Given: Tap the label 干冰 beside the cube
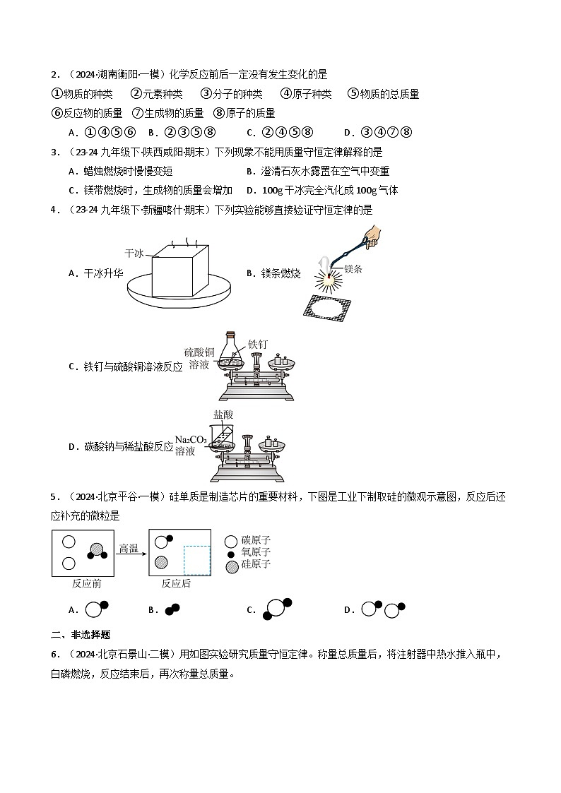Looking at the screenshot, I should click(x=134, y=253).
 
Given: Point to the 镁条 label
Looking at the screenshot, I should click(x=353, y=269).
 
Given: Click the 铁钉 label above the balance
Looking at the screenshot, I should click(x=258, y=344).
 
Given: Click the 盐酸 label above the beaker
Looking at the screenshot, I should click(x=223, y=415).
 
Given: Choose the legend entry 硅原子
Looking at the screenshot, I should click(x=256, y=565).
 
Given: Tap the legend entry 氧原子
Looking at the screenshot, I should click(x=256, y=553).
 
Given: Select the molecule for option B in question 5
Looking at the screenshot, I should click(x=172, y=609).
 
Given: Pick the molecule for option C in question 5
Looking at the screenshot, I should click(x=276, y=609).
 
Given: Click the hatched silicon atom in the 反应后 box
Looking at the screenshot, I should click(x=162, y=562).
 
